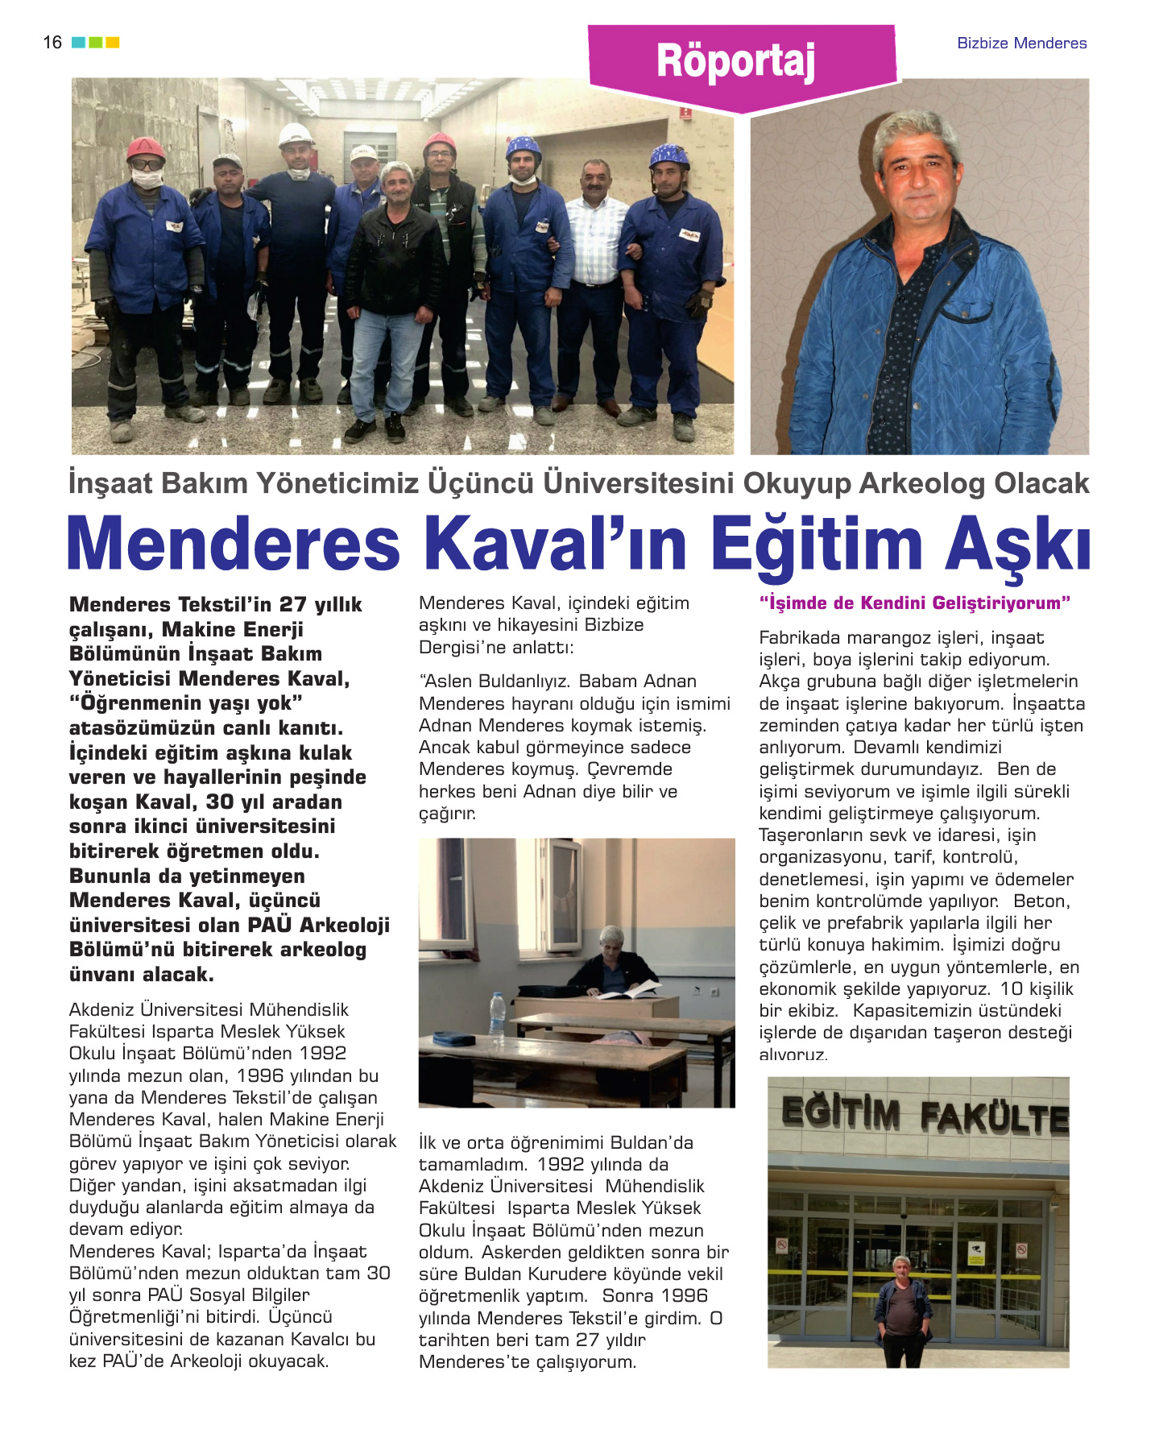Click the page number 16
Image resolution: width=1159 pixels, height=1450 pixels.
point(52,43)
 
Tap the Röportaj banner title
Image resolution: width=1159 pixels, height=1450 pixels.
point(735,61)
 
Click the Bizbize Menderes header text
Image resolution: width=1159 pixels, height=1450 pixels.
point(1021,43)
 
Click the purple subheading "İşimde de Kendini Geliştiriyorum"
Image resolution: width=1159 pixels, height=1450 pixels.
point(915,603)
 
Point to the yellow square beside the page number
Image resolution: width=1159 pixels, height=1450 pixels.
point(113,43)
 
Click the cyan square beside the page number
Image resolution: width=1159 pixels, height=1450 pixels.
point(78,43)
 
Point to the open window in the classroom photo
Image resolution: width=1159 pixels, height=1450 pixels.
point(561,894)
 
